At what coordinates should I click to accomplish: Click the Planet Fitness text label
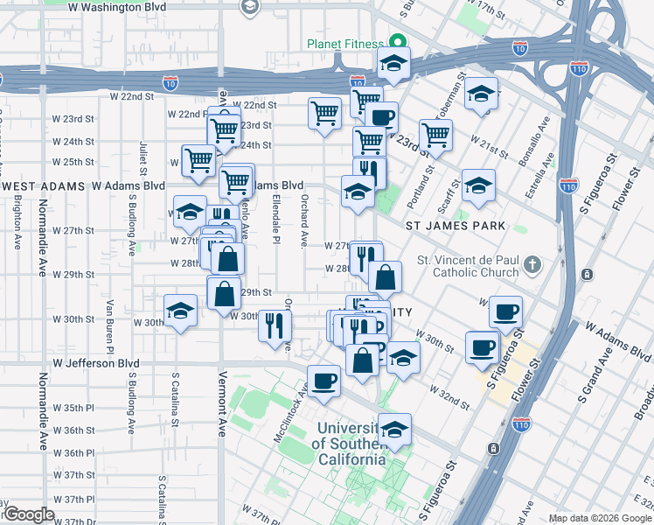[344, 44]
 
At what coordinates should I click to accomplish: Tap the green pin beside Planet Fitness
[395, 41]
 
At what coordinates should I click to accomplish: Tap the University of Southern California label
[350, 444]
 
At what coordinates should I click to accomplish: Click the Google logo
[29, 514]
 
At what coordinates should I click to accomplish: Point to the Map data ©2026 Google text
[600, 518]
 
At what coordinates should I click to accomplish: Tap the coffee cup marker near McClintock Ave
[324, 381]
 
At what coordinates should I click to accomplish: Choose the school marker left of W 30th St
[181, 311]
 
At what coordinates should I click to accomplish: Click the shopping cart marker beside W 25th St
[199, 161]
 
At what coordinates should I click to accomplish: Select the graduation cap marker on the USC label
[394, 430]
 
